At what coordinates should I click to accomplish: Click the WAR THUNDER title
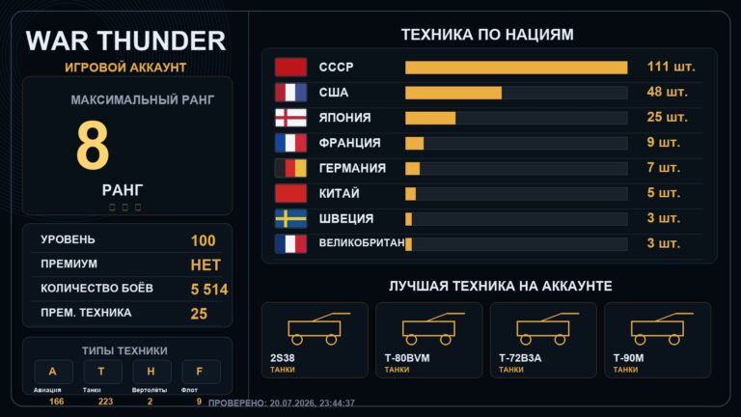point(125,41)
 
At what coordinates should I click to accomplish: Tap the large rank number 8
point(93,145)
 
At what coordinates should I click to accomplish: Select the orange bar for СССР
point(516,68)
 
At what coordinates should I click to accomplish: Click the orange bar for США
point(453,93)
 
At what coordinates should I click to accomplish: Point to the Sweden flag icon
point(290,219)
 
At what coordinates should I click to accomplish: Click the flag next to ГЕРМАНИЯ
point(290,168)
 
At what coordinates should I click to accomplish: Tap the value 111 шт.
point(671,67)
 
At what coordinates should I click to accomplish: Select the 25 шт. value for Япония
point(667,117)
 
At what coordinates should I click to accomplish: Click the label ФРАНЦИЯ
point(349,143)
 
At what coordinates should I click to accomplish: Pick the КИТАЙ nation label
point(339,193)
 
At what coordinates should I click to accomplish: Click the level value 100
point(204,240)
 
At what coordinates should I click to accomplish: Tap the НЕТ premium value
point(206,265)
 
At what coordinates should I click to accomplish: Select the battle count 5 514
point(209,290)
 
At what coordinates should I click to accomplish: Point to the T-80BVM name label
point(407,358)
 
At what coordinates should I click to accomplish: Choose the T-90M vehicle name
point(628,358)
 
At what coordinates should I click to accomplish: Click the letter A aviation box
point(53,372)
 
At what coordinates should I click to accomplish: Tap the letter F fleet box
point(201,372)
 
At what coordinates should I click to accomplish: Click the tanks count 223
point(105,402)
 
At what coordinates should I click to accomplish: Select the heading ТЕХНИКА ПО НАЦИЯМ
point(487,35)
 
